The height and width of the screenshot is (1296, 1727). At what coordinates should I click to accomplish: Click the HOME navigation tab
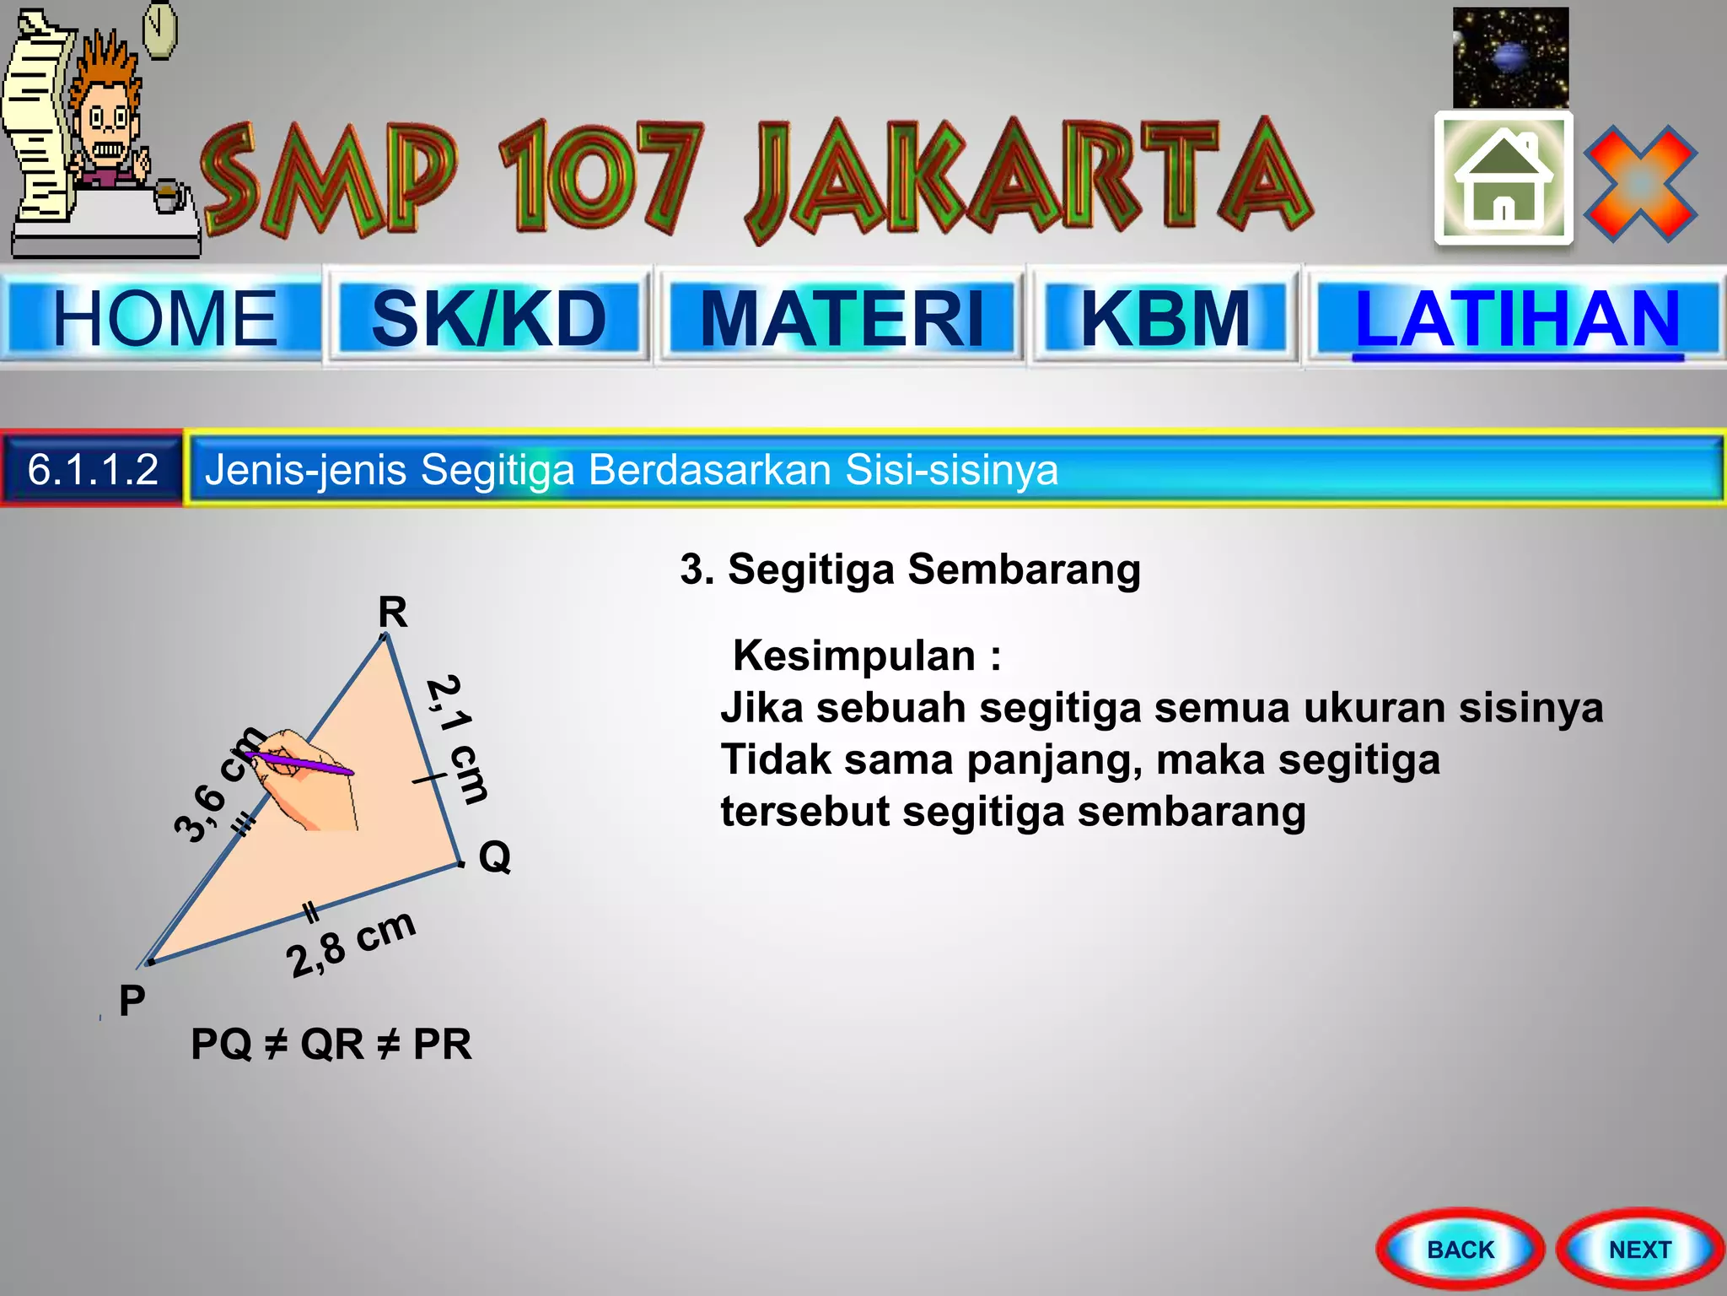click(x=164, y=318)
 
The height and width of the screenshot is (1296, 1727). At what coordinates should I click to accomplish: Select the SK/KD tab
click(x=489, y=318)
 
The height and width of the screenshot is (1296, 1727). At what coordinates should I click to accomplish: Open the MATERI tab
click(x=842, y=318)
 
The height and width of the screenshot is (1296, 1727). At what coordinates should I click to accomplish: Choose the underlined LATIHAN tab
click(x=1517, y=318)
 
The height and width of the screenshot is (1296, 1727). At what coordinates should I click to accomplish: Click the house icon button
click(x=1504, y=178)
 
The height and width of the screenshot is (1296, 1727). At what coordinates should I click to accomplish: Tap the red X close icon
click(x=1640, y=183)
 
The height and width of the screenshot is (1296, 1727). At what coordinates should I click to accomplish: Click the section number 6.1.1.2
click(x=93, y=469)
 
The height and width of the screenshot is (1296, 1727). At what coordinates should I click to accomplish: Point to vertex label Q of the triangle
click(x=495, y=857)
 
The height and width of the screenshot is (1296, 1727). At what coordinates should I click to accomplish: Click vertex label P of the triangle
click(x=132, y=1001)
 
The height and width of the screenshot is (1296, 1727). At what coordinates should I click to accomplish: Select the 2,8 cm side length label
click(x=351, y=944)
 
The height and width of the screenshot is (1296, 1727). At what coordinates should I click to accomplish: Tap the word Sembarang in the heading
click(x=1024, y=570)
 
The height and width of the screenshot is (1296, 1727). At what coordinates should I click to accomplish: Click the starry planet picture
click(x=1510, y=57)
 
